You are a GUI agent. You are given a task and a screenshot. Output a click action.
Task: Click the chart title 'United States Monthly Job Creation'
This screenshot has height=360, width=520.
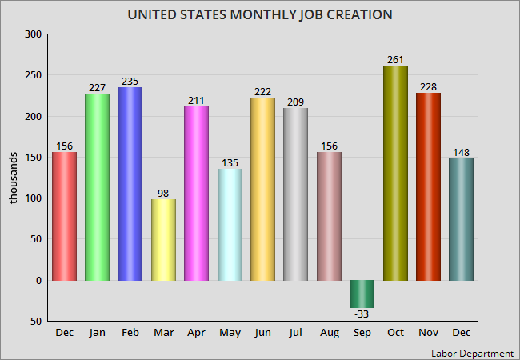click(x=259, y=15)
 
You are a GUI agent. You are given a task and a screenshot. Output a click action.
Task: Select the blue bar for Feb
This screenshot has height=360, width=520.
click(x=130, y=184)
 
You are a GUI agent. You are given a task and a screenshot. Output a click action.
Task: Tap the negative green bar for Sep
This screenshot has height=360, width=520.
click(x=362, y=294)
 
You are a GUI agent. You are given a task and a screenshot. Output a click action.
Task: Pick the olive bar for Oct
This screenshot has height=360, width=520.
click(x=395, y=173)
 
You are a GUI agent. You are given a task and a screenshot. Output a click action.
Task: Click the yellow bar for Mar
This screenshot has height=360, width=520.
click(x=163, y=240)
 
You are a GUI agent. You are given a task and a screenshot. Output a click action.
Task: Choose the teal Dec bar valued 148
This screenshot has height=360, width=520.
click(x=461, y=219)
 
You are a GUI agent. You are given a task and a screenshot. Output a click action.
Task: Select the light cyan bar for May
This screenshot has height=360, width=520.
click(x=230, y=225)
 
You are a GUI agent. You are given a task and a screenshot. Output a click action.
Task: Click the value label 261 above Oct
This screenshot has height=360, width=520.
click(x=395, y=58)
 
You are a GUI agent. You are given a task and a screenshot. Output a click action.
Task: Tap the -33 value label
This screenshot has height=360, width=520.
click(x=362, y=314)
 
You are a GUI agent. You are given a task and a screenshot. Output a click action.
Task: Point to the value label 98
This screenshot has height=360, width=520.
click(x=163, y=192)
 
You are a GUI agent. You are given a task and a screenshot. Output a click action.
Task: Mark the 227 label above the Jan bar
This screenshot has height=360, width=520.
click(x=97, y=88)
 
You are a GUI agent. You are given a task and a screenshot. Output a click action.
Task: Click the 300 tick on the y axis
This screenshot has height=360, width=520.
click(x=32, y=34)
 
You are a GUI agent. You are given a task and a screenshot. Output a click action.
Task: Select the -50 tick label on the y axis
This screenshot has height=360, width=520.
click(x=32, y=321)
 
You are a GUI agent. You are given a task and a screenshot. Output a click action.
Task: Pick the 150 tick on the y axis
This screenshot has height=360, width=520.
click(x=32, y=158)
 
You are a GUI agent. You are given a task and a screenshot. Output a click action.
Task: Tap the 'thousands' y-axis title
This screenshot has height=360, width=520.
click(x=14, y=178)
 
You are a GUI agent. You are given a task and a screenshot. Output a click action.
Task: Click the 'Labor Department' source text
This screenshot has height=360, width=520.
click(x=472, y=353)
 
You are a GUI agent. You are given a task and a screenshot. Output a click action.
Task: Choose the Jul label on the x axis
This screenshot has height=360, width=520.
click(x=295, y=332)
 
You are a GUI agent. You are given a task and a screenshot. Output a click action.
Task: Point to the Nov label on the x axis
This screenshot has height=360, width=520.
click(x=428, y=332)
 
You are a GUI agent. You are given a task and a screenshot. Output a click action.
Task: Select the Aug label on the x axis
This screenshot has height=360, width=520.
click(x=329, y=332)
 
